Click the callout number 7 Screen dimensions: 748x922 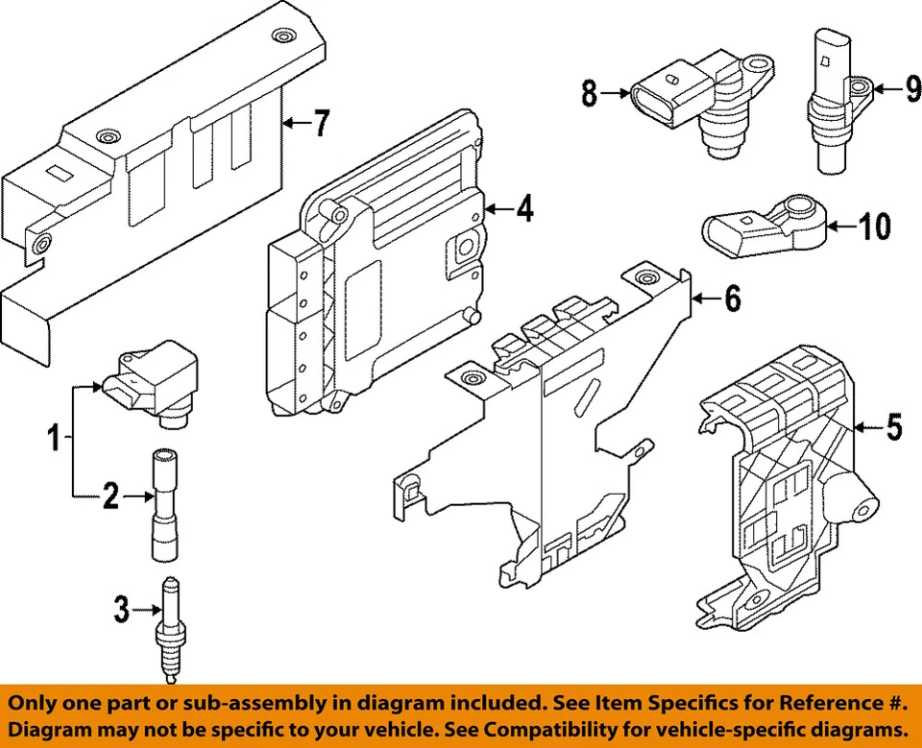320,123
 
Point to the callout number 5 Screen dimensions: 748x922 894,426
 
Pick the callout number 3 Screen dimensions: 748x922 120,608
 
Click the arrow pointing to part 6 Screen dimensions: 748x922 705,300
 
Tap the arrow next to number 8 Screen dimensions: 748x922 615,93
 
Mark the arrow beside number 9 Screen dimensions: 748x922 885,88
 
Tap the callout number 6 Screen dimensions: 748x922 732,300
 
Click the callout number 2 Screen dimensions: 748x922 111,496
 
